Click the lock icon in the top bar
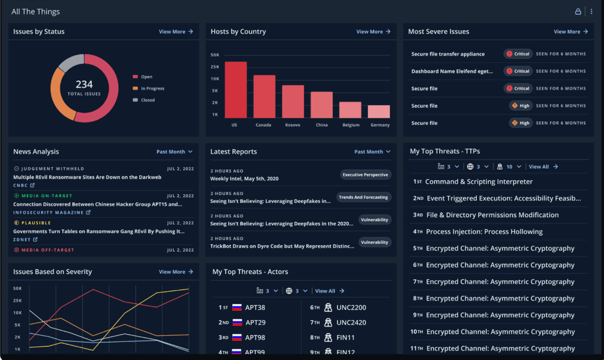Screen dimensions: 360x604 [578, 12]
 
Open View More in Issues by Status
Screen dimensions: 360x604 [176, 32]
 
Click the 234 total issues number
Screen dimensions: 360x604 [84, 84]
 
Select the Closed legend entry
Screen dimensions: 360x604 [147, 100]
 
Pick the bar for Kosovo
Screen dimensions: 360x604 [293, 102]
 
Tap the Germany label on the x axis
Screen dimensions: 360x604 [379, 125]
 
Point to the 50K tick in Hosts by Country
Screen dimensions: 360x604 [215, 55]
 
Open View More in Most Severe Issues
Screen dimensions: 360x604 [571, 32]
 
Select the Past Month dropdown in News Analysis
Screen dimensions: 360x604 [174, 152]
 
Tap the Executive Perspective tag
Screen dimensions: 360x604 [365, 175]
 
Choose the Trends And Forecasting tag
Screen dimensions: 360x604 [363, 197]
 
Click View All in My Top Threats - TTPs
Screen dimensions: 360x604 [543, 166]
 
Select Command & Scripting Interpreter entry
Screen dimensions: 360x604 [479, 181]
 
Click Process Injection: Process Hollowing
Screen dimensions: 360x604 [484, 232]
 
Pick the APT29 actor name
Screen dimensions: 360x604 [255, 322]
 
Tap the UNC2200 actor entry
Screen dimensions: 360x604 [351, 307]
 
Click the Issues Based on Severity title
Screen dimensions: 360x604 [53, 272]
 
